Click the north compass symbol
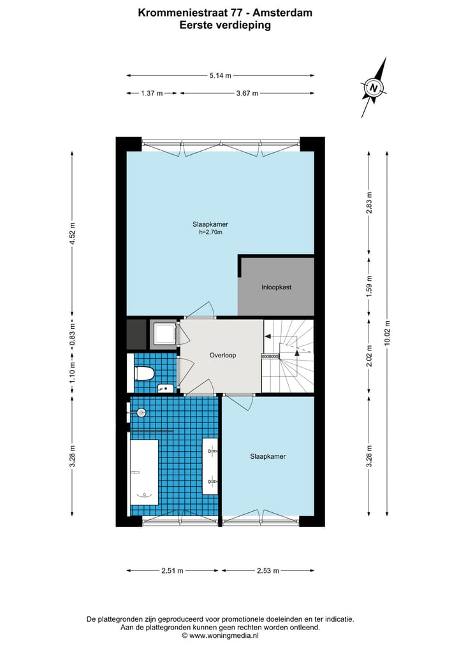pos(375,88)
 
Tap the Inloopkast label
pos(276,287)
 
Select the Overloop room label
pos(222,355)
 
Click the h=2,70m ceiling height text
pos(211,233)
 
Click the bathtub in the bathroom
pos(144,472)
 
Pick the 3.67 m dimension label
pos(247,94)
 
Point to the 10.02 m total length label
pos(387,333)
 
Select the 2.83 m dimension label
pos(368,203)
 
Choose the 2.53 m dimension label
pos(267,571)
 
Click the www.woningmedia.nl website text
pos(224,635)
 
